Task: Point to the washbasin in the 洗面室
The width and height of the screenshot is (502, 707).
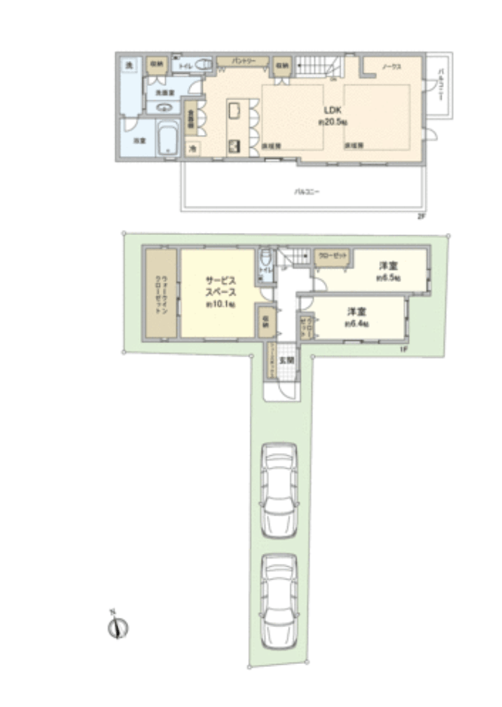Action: click(164, 106)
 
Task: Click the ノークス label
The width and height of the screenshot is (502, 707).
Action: click(391, 68)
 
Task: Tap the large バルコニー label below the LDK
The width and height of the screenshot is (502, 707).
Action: click(307, 192)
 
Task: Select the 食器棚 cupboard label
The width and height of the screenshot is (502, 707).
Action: click(191, 118)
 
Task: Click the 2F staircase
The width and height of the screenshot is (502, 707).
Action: click(317, 66)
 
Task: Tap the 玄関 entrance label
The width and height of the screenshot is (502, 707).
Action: click(286, 360)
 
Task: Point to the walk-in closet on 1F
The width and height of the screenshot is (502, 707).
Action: click(160, 294)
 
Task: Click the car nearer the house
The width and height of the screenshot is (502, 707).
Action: click(279, 490)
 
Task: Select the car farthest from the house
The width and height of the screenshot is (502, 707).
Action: click(279, 599)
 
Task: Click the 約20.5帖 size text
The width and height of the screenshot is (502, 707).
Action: click(332, 121)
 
